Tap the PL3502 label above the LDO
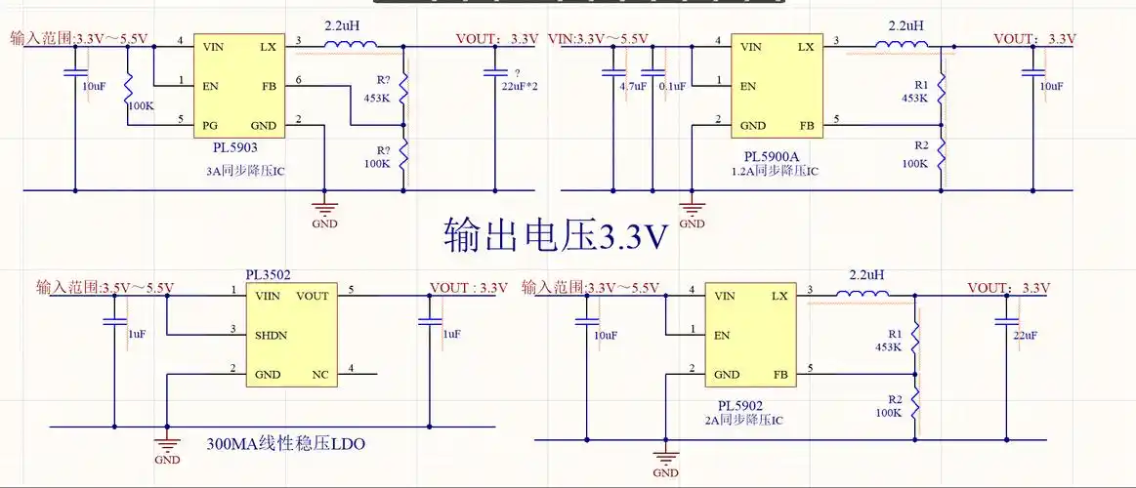[268, 276]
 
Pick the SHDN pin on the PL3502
[273, 335]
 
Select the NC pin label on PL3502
[318, 374]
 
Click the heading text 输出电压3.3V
[556, 235]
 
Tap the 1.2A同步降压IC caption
[773, 171]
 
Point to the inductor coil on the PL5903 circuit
[349, 46]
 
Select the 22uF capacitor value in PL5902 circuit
[1025, 336]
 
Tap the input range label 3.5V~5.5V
[105, 287]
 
